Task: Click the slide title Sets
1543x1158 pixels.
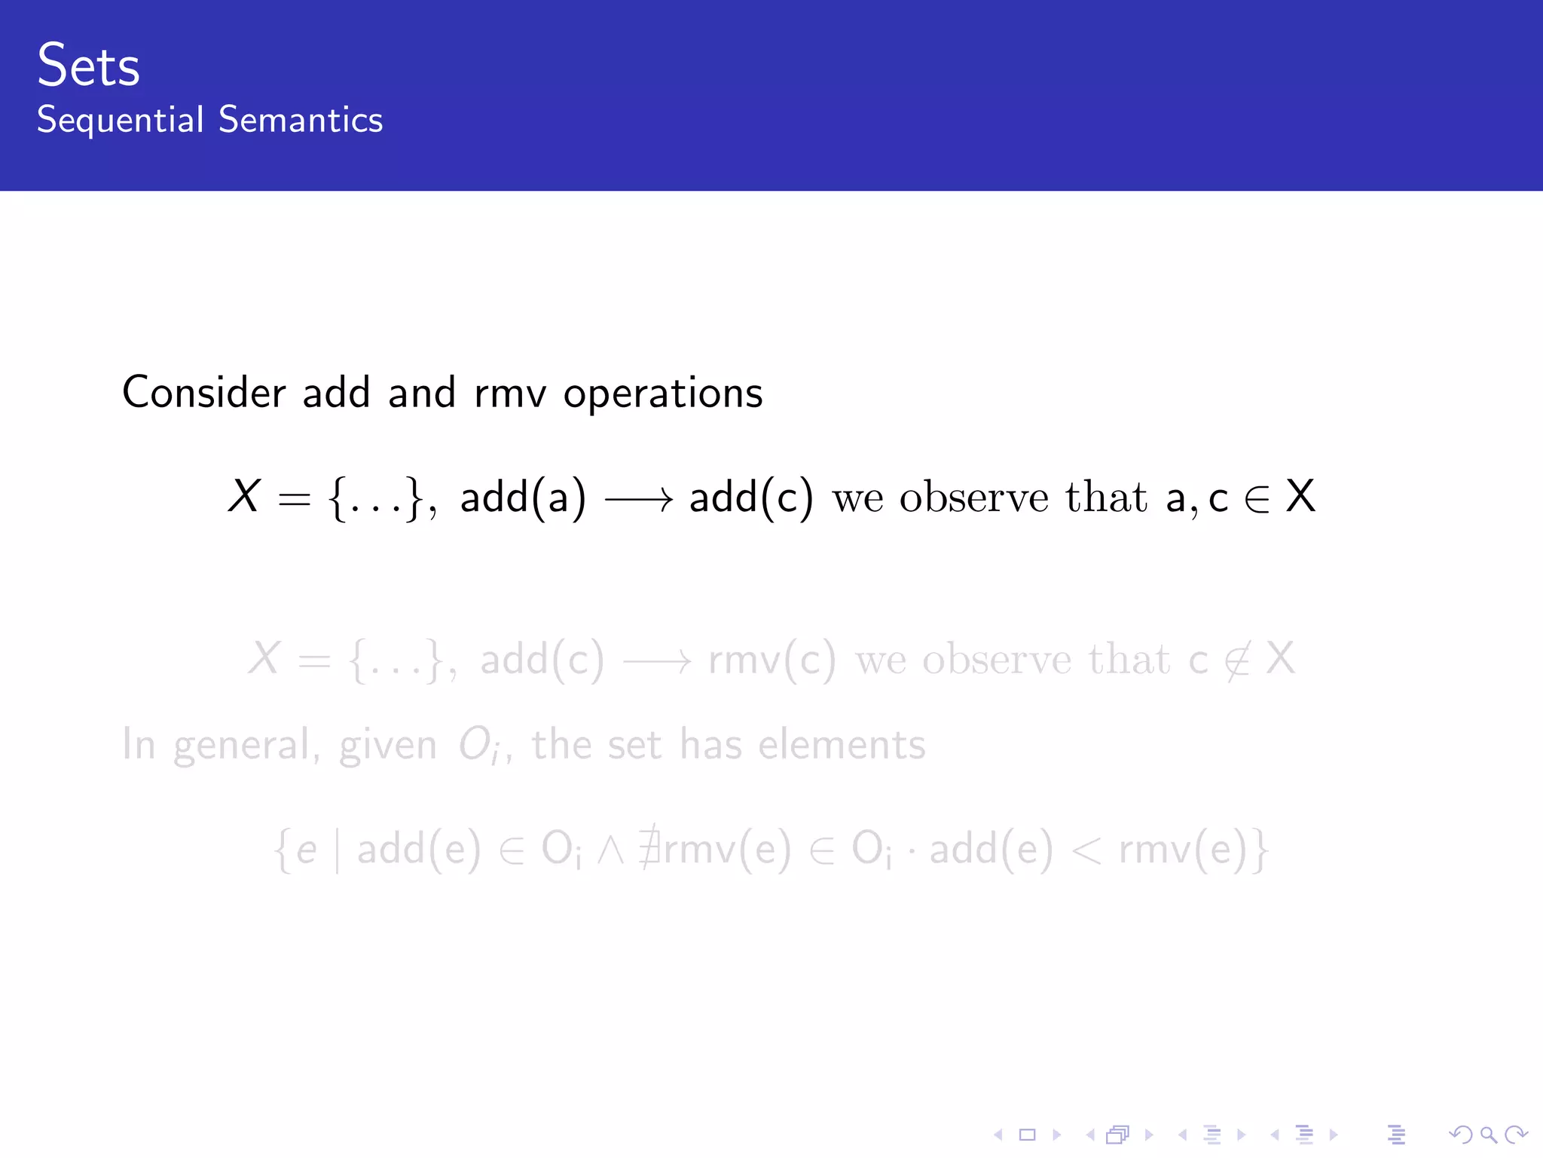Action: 88,66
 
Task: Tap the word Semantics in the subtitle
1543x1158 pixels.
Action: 301,121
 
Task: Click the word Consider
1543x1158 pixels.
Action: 203,393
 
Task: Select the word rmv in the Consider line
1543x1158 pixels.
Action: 509,394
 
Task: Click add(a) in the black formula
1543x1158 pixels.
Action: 523,498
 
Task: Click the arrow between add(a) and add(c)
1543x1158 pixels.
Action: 638,498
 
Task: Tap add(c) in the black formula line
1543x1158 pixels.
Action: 751,498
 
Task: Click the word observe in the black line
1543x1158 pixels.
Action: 973,498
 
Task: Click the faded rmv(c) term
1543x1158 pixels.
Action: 771,660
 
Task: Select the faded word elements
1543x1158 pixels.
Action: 842,745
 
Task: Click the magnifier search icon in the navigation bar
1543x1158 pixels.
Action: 1487,1135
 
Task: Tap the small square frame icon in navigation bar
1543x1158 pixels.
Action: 1027,1135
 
